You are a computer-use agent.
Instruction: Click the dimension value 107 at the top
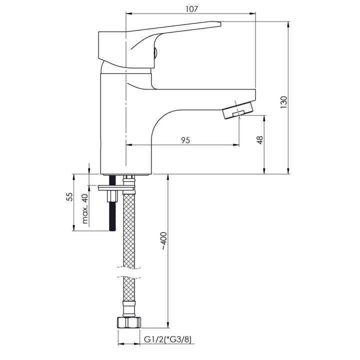coord(191,9)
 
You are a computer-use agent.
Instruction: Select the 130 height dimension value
coord(284,102)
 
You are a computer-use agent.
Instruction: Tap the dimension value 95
coord(185,140)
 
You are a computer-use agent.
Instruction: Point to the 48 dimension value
coord(260,140)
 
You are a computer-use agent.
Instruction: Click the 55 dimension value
coord(69,197)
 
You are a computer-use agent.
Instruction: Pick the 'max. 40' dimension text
coord(85,208)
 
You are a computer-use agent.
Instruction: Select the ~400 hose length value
coord(164,241)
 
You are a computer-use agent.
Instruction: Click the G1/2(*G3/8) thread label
coord(167,339)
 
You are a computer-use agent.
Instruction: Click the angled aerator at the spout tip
coord(238,110)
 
